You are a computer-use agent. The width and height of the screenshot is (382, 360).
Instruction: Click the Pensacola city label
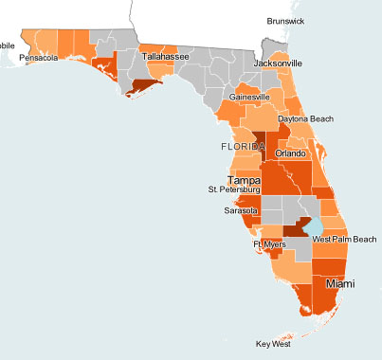(39, 58)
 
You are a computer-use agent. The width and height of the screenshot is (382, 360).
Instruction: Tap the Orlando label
(290, 153)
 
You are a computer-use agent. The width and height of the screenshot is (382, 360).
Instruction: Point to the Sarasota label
(240, 211)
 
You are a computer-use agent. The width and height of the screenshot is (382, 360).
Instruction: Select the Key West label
(273, 344)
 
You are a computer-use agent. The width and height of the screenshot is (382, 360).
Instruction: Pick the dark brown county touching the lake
(297, 228)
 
